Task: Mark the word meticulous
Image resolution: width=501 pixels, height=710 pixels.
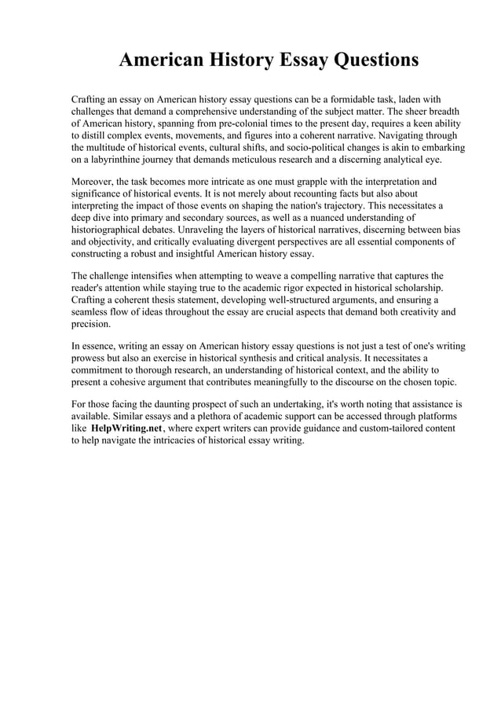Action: click(277, 160)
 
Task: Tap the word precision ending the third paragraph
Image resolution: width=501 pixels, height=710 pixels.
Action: click(91, 323)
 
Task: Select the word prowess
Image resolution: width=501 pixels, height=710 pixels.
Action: click(91, 358)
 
